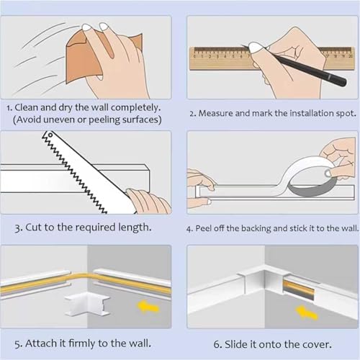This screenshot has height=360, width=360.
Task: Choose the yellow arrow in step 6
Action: (307, 312)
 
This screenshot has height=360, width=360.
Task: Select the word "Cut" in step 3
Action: (36, 227)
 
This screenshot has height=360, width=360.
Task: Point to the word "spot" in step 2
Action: (342, 114)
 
